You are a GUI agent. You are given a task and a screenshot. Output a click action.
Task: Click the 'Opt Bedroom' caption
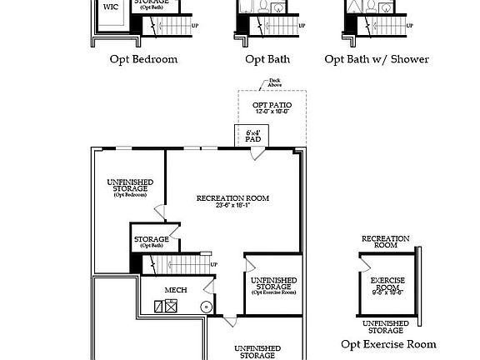tap(143, 59)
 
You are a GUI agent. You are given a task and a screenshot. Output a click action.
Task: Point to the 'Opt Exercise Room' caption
tap(388, 344)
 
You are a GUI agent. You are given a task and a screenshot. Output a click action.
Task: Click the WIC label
tap(110, 7)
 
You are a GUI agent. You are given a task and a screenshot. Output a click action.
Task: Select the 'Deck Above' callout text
tap(274, 83)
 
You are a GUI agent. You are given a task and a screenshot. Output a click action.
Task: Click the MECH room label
tap(175, 290)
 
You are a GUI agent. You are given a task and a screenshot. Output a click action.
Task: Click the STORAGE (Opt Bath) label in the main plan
tap(151, 242)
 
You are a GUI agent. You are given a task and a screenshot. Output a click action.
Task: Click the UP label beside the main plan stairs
tap(214, 265)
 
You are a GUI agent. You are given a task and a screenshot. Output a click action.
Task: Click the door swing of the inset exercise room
tap(365, 262)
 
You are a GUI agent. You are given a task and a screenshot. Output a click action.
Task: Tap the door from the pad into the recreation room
tap(257, 153)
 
